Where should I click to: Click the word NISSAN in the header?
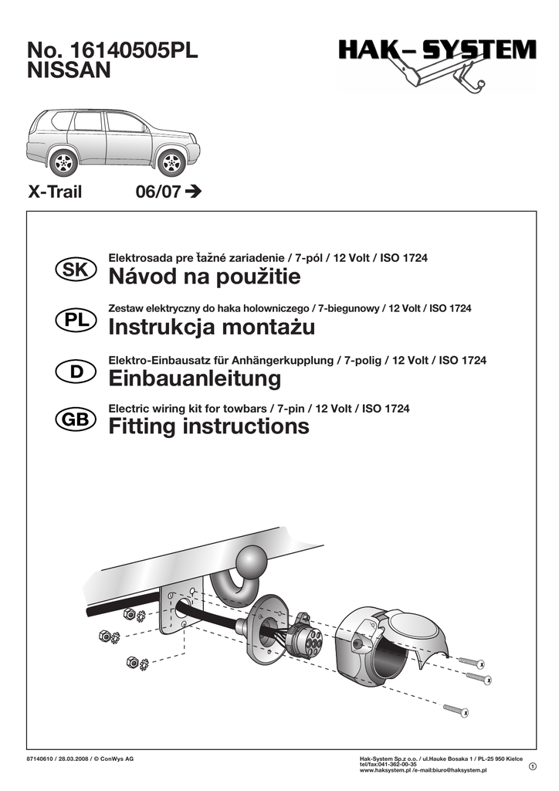coord(69,71)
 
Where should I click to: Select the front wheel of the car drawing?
coord(171,162)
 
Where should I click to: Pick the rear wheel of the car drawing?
coord(63,162)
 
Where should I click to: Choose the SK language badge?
coord(76,270)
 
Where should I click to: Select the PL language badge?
coord(76,320)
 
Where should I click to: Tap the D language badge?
coord(76,371)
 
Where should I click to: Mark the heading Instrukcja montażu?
coord(212,328)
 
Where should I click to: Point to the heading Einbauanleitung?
coord(195,379)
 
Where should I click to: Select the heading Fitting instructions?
coord(208,426)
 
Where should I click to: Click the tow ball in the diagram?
coord(252,560)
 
